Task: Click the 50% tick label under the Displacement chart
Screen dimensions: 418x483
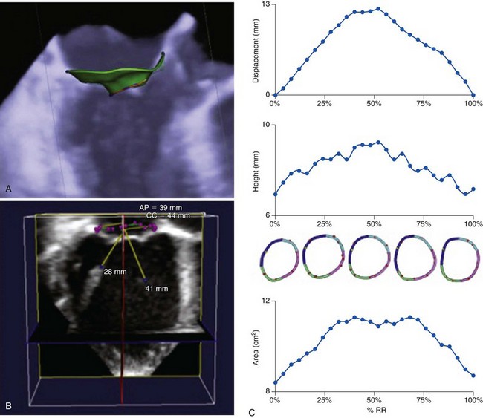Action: [x=374, y=105]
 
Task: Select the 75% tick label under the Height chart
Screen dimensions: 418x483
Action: [x=424, y=223]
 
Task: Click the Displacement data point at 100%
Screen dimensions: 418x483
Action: [x=473, y=95]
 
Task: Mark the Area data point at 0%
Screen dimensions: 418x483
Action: [x=275, y=383]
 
